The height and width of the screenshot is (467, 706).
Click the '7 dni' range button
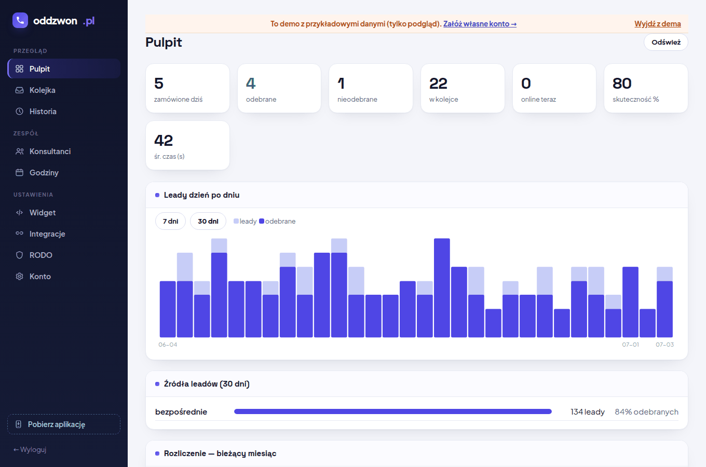[x=170, y=221]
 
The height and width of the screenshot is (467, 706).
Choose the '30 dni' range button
[x=208, y=221]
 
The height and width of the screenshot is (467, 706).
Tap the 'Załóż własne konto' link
[x=480, y=24]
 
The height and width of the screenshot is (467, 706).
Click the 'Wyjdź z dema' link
[x=657, y=24]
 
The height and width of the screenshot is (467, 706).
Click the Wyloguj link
[x=30, y=449]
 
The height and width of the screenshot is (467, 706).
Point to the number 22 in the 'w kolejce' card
[x=438, y=84]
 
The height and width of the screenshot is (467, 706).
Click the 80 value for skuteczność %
[x=622, y=84]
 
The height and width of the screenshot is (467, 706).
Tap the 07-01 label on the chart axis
[x=630, y=345]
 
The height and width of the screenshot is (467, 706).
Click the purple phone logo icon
[x=20, y=20]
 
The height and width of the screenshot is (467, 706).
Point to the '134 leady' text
[x=588, y=412]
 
